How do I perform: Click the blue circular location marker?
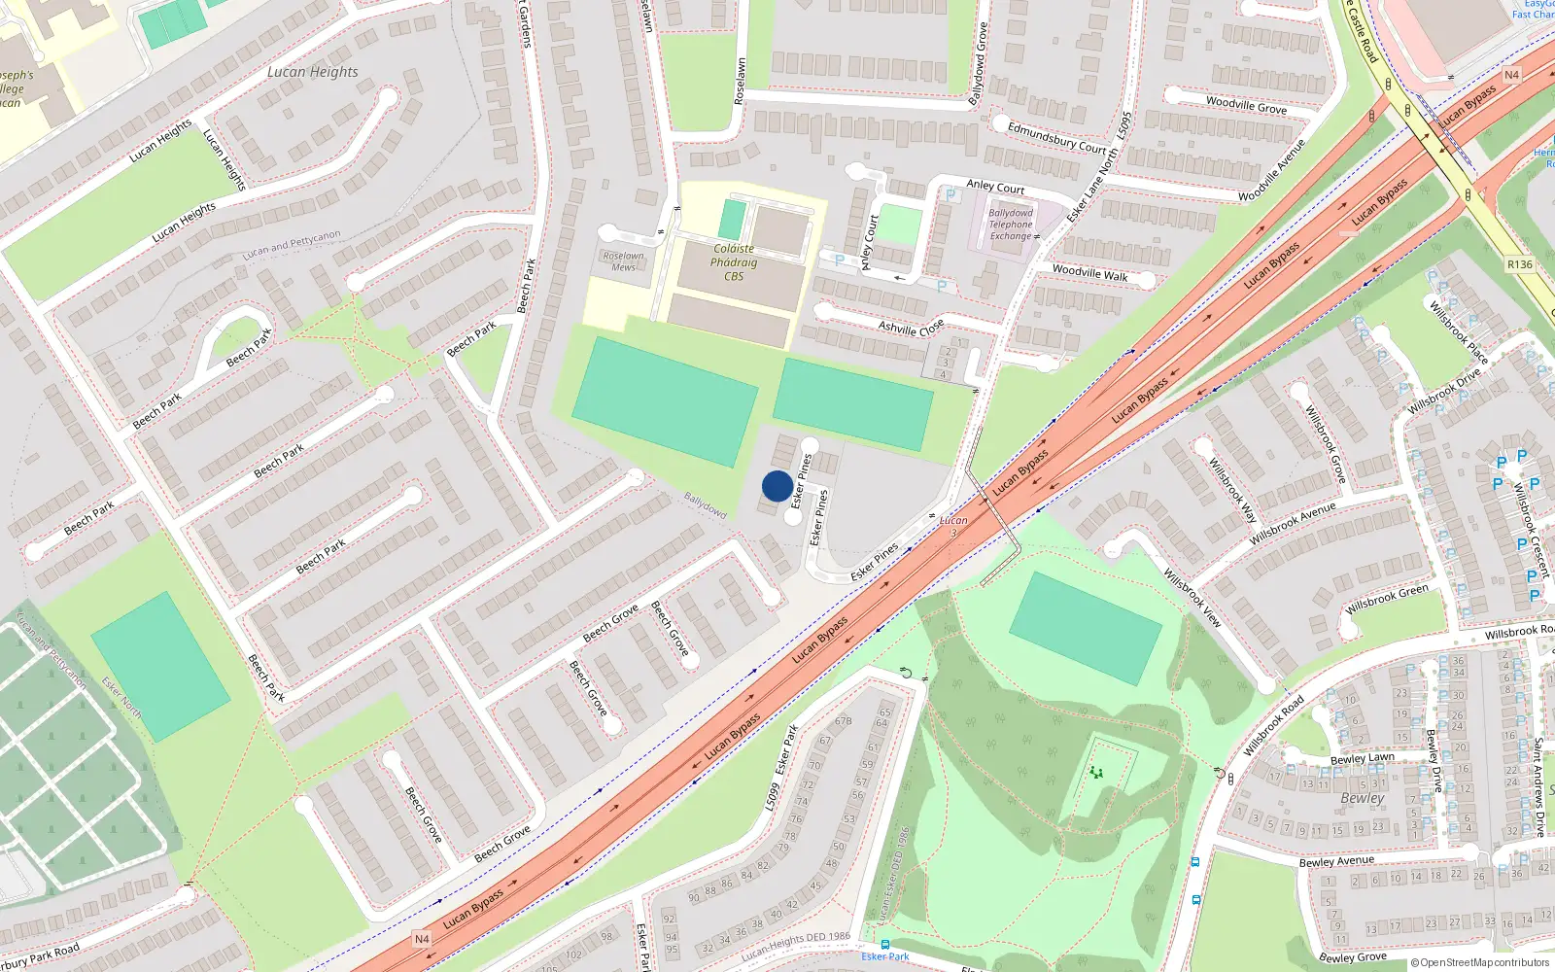(777, 486)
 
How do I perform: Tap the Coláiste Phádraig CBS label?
(734, 262)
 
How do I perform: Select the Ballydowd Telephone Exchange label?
(1011, 225)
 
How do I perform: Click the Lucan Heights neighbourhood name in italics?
(313, 72)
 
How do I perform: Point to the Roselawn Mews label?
(623, 261)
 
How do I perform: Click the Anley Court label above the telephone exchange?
(995, 186)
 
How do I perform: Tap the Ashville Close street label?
(911, 327)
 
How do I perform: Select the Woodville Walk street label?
(1089, 273)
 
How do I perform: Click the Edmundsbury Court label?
(1057, 137)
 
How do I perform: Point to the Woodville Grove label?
(1246, 105)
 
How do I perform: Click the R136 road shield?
(1519, 264)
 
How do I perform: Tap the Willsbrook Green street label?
(1387, 599)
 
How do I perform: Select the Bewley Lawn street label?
(1362, 759)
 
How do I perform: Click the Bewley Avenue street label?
(1336, 861)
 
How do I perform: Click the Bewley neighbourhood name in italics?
(1362, 798)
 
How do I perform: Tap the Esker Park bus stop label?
(885, 956)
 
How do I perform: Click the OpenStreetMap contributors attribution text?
(1480, 962)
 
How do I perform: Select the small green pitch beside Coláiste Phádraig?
(732, 220)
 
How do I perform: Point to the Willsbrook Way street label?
(1232, 491)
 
